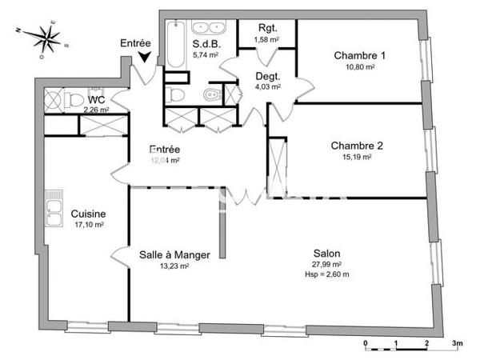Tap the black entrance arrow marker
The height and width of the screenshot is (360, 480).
click(144, 56)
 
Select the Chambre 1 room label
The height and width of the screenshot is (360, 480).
click(359, 55)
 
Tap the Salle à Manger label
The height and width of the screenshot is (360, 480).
click(174, 255)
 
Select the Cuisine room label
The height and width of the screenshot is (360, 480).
click(88, 214)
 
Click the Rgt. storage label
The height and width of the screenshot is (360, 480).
click(266, 28)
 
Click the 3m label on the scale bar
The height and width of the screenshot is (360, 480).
click(457, 342)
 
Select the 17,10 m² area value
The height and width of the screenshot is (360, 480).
click(88, 225)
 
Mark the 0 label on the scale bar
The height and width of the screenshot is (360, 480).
click(366, 342)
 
